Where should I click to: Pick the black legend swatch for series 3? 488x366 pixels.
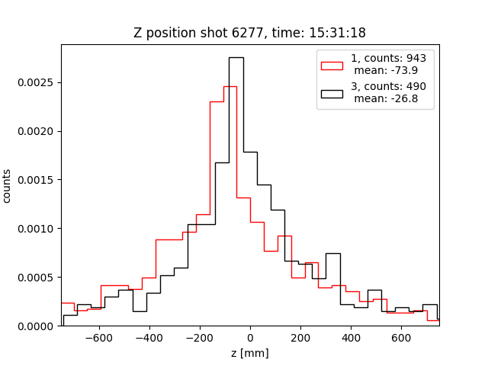coord(332,93)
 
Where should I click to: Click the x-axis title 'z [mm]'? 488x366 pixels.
coord(250,353)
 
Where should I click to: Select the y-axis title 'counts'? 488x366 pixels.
coord(8,186)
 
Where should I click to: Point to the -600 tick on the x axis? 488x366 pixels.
coord(99,338)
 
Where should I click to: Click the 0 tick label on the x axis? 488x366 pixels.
coord(250,338)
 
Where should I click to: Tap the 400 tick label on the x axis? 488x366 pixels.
coord(351,338)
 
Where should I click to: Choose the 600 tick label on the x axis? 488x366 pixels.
coord(401,338)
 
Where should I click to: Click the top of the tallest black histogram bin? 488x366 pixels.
coord(236,57)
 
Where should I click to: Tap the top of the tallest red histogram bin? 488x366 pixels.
coord(230,86)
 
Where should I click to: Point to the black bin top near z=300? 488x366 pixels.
coord(333,253)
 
